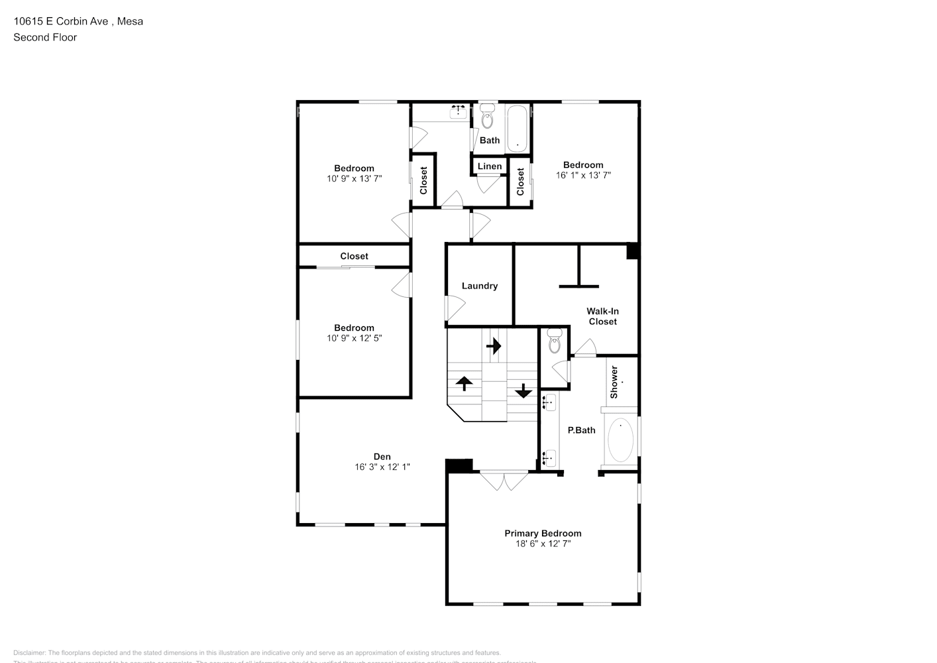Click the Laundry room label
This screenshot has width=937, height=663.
479,286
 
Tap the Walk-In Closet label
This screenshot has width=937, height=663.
602,316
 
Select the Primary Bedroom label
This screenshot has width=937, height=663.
543,533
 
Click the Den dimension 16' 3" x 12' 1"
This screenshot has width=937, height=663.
382,467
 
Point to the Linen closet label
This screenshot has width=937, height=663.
490,166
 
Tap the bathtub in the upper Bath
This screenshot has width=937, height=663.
517,129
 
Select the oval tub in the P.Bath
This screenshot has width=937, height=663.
620,440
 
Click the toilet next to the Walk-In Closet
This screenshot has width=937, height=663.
555,343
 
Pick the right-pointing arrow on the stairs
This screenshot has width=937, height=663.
494,345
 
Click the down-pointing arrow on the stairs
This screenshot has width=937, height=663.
524,391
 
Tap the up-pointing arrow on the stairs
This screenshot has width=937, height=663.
463,383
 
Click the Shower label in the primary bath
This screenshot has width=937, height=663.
614,382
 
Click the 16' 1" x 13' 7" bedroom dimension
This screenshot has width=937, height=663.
583,175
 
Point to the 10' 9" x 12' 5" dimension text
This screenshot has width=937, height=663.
354,338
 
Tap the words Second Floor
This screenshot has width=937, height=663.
45,37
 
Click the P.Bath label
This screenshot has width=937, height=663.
581,430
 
